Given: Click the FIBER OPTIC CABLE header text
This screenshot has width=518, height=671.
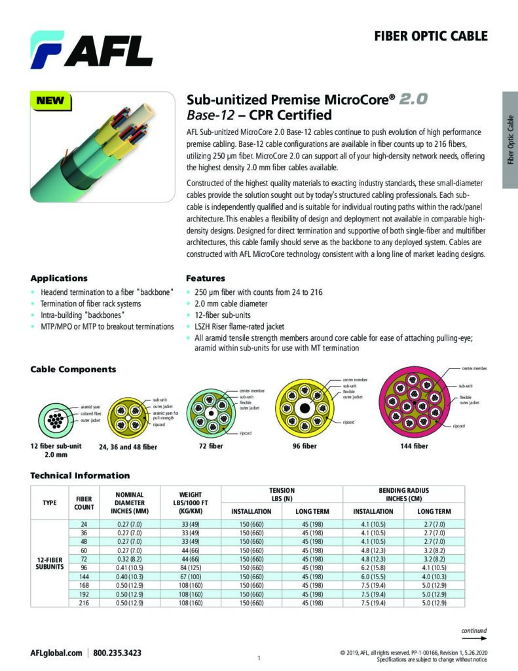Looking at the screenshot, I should tap(431, 36).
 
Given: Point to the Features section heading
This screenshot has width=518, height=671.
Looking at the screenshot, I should tap(206, 278).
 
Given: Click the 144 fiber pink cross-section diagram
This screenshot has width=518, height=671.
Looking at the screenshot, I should tap(414, 401).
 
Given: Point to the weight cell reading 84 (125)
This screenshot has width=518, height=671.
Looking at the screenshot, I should tap(193, 567).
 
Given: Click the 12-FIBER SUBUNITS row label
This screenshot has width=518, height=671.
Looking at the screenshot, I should tap(50, 563).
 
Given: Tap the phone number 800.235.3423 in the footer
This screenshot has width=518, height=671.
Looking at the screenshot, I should tap(117, 653).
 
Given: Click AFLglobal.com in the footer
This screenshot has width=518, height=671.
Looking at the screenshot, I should tap(56, 653).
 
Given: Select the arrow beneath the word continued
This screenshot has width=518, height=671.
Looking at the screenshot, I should tap(479, 638).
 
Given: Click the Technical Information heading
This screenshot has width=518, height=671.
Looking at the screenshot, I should tap(80, 476).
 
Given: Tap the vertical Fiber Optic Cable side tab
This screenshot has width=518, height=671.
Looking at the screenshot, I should tap(510, 140).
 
